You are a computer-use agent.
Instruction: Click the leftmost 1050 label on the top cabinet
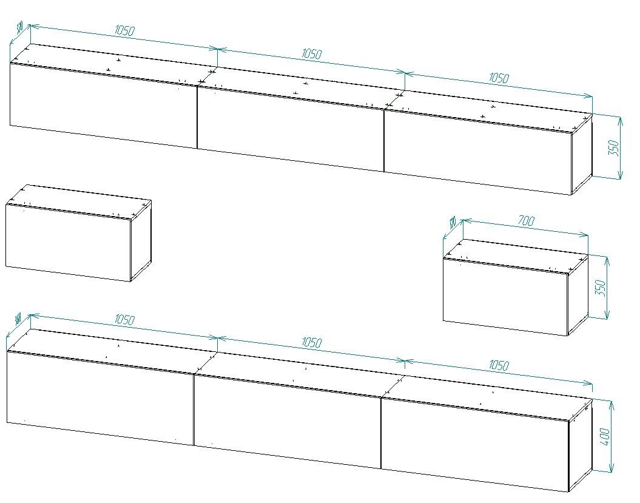(x=124, y=30)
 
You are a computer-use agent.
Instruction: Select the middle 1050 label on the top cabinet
(x=311, y=53)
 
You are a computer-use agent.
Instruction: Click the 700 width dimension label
(x=525, y=221)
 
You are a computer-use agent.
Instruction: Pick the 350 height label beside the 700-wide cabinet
(x=600, y=288)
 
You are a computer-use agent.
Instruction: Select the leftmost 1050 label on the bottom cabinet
(x=124, y=320)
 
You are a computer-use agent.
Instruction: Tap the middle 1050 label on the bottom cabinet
(x=311, y=343)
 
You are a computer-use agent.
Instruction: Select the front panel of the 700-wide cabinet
(x=505, y=297)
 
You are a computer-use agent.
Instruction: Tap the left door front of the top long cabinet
(x=103, y=106)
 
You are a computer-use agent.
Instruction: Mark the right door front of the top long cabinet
(x=478, y=152)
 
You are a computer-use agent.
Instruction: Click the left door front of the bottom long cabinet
(x=100, y=397)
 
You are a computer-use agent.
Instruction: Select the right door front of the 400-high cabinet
(x=474, y=444)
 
